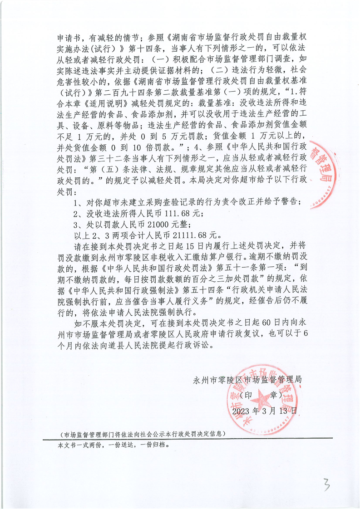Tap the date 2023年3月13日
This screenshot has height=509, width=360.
click(x=264, y=411)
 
